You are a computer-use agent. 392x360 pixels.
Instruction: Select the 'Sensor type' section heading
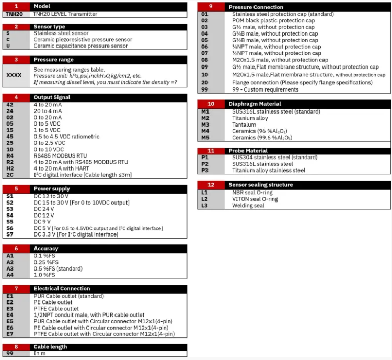[49, 26]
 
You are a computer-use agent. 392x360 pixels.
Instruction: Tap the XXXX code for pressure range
[14, 75]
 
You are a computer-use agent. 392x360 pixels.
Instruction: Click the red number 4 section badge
[16, 97]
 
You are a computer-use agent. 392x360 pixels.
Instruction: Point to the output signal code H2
[10, 168]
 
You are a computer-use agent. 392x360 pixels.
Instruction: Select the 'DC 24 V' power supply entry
[44, 209]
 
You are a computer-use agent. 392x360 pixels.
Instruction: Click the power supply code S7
[10, 234]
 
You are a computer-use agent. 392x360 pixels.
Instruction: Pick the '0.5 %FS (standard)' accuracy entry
[58, 268]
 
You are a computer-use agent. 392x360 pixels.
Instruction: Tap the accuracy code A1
[10, 255]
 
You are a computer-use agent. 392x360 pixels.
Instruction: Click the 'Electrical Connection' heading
[62, 288]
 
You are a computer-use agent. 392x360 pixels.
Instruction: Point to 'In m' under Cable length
[40, 354]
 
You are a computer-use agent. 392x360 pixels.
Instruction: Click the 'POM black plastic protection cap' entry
[273, 21]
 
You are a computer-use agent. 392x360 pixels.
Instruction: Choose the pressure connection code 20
[205, 82]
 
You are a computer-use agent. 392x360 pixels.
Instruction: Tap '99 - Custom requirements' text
[266, 89]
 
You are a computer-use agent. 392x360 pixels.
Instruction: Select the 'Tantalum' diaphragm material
[244, 125]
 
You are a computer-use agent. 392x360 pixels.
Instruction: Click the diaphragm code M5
[205, 138]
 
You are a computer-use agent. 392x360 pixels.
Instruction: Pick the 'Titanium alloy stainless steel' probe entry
[269, 171]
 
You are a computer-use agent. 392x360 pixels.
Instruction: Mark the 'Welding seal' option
[248, 206]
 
